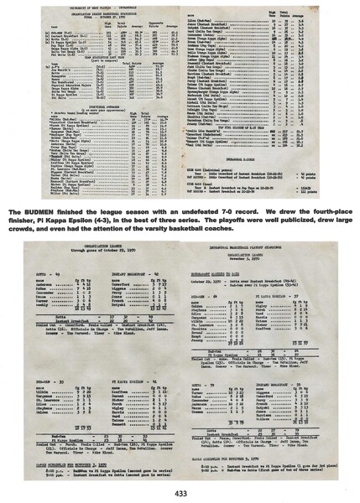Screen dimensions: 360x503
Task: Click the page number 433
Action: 180,493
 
